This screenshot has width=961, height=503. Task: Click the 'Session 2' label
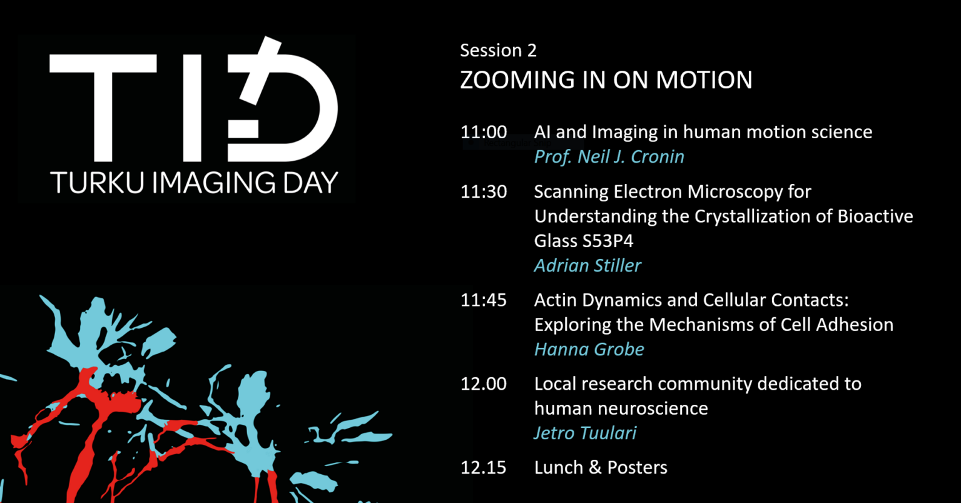(498, 51)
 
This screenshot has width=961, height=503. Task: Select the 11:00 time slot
(484, 132)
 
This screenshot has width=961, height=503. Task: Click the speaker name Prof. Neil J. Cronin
(609, 157)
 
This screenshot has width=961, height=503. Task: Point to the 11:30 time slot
(484, 191)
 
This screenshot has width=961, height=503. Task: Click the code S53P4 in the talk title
(608, 241)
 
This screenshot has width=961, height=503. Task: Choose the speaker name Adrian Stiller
(587, 266)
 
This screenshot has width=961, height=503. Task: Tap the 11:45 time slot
(484, 300)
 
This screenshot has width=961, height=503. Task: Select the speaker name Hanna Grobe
(589, 349)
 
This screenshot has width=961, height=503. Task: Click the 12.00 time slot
(484, 384)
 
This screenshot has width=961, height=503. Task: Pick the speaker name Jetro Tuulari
(585, 433)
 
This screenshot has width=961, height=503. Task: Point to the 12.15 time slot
(484, 467)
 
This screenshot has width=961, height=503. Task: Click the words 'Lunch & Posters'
(601, 467)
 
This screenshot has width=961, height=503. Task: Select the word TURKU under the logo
(97, 183)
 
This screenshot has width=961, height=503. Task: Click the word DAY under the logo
(310, 183)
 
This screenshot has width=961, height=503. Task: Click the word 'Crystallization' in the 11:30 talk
(752, 216)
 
